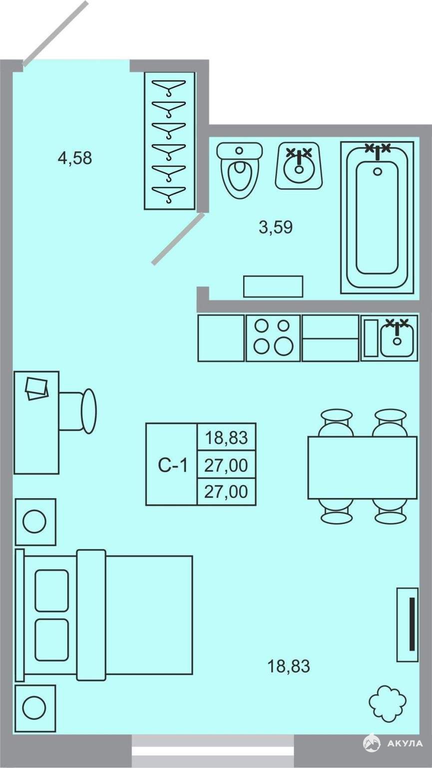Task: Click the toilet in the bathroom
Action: coord(240,170)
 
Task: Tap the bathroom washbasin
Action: coord(300,166)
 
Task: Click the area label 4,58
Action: coord(75,158)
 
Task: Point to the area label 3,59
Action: coord(276,227)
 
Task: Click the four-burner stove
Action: coord(273,337)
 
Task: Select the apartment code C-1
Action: coord(173,465)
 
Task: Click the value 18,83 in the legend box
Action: coord(226,438)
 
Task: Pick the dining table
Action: coord(363,467)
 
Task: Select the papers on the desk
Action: coord(36,388)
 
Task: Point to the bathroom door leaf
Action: coord(178,238)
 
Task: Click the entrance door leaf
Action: coord(55,33)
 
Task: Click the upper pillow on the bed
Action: coord(51,590)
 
